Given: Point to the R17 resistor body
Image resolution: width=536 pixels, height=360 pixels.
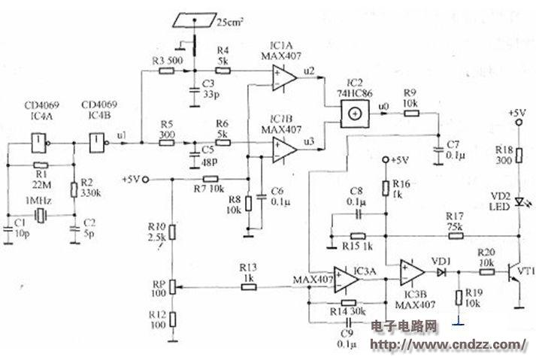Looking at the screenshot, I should (x=456, y=235).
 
